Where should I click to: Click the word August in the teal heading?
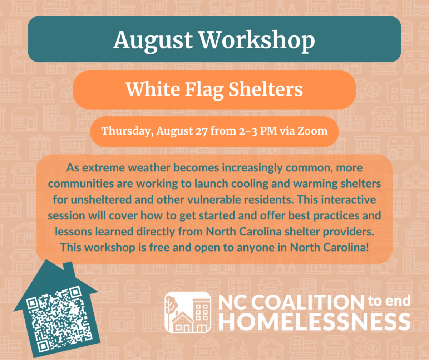[x=153, y=41]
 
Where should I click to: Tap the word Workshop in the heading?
[x=257, y=41]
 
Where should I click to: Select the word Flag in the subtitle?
[x=204, y=90]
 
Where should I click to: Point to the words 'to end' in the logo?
[x=389, y=301]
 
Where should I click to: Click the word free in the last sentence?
[x=159, y=247]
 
